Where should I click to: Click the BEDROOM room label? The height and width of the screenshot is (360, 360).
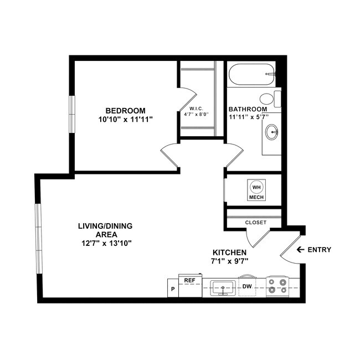(x=126, y=110)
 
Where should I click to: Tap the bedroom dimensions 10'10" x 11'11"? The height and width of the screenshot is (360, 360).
(x=125, y=119)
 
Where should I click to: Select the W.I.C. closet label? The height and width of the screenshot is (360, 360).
(x=197, y=108)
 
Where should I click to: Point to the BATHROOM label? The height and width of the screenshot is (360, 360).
(x=248, y=109)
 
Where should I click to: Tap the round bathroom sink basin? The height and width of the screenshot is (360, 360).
(x=272, y=132)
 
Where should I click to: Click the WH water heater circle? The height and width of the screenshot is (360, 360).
(x=256, y=187)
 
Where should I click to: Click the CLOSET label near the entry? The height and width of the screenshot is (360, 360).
(x=255, y=223)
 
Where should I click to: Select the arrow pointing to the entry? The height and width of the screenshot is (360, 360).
(x=300, y=250)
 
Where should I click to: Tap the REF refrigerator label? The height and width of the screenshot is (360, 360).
(x=189, y=281)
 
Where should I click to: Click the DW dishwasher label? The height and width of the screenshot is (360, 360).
(x=247, y=286)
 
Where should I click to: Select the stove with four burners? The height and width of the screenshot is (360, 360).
(x=277, y=286)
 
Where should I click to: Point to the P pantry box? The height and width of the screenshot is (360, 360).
(x=173, y=289)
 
